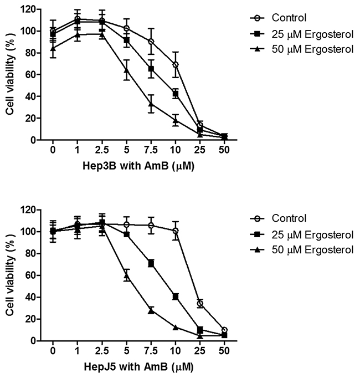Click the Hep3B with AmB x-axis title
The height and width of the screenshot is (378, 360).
[138, 166]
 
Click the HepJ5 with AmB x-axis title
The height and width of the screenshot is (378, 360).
[139, 367]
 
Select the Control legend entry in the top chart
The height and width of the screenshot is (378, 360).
[278, 18]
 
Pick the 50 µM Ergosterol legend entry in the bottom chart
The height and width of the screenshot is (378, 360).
[302, 250]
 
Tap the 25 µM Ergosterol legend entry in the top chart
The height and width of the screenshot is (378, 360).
[302, 34]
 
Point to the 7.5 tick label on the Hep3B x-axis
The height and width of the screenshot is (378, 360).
[151, 150]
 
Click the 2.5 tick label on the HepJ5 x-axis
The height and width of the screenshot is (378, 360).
[102, 351]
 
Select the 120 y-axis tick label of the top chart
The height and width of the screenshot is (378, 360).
[28, 9]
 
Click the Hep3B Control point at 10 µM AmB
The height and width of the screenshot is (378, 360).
[176, 64]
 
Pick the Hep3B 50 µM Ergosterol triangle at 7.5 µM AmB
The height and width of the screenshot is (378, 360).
[151, 104]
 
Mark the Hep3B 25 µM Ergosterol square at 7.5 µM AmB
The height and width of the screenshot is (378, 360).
[151, 69]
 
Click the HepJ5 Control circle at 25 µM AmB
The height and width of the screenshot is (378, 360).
[200, 304]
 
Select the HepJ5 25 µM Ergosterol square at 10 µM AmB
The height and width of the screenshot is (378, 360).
[176, 297]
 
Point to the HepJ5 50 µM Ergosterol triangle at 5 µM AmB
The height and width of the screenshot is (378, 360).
[126, 276]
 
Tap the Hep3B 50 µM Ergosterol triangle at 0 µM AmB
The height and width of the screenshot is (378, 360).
[53, 48]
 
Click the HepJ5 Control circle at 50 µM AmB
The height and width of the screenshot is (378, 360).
[224, 330]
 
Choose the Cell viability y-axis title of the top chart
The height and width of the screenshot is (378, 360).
[10, 74]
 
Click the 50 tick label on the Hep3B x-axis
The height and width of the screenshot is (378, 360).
[224, 150]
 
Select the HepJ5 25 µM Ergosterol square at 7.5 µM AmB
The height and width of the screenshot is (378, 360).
[151, 264]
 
